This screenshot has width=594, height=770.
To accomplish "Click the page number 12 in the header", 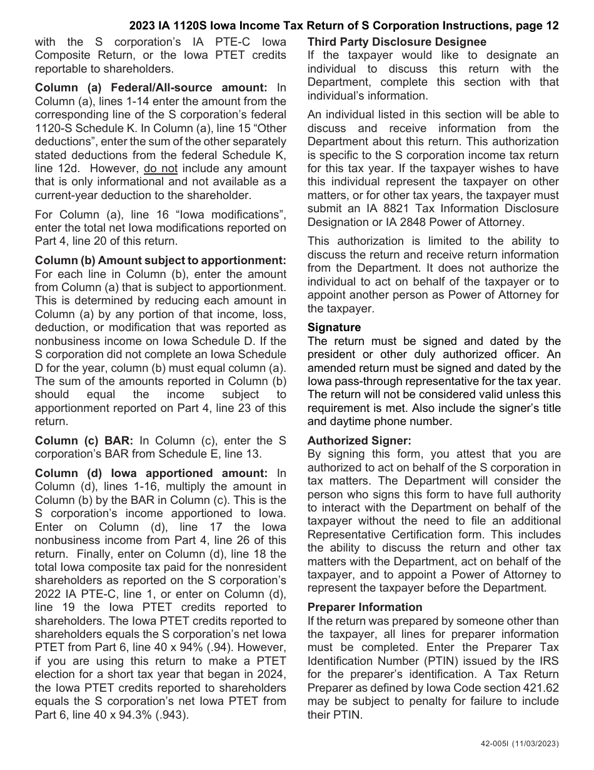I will point(552,26).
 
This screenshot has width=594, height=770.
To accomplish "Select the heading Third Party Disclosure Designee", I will point(396,42).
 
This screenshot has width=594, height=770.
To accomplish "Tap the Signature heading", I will point(334,327).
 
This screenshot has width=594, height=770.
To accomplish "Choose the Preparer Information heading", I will point(365,607).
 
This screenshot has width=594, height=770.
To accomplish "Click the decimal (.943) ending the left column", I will point(173,715).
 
